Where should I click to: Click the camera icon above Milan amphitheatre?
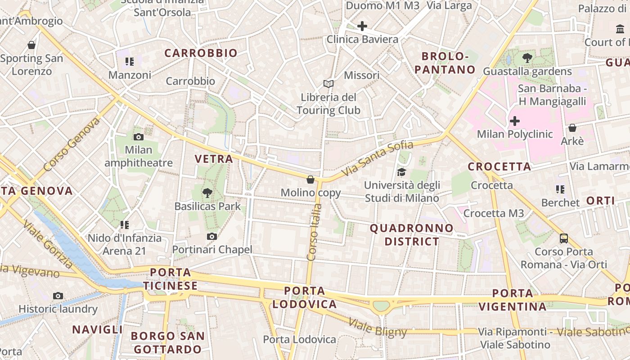(x=139, y=137)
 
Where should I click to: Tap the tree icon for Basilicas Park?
(x=207, y=193)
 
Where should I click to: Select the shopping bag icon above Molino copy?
(x=310, y=180)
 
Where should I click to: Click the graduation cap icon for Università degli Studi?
(x=401, y=172)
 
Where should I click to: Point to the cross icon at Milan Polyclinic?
(x=515, y=121)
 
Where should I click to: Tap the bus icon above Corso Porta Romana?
(x=563, y=238)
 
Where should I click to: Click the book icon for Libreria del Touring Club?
(x=328, y=84)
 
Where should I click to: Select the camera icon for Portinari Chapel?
(x=212, y=236)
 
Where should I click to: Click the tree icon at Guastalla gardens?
(x=527, y=58)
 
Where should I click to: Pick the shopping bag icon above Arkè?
(x=572, y=128)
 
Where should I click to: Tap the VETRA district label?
(x=214, y=158)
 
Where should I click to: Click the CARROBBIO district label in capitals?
(x=201, y=53)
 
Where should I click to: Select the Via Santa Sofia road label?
(x=377, y=158)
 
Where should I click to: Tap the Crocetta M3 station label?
(x=494, y=213)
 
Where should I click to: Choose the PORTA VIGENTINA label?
(x=512, y=300)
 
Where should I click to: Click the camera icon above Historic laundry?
(x=58, y=296)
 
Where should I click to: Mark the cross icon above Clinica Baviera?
(x=362, y=26)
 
